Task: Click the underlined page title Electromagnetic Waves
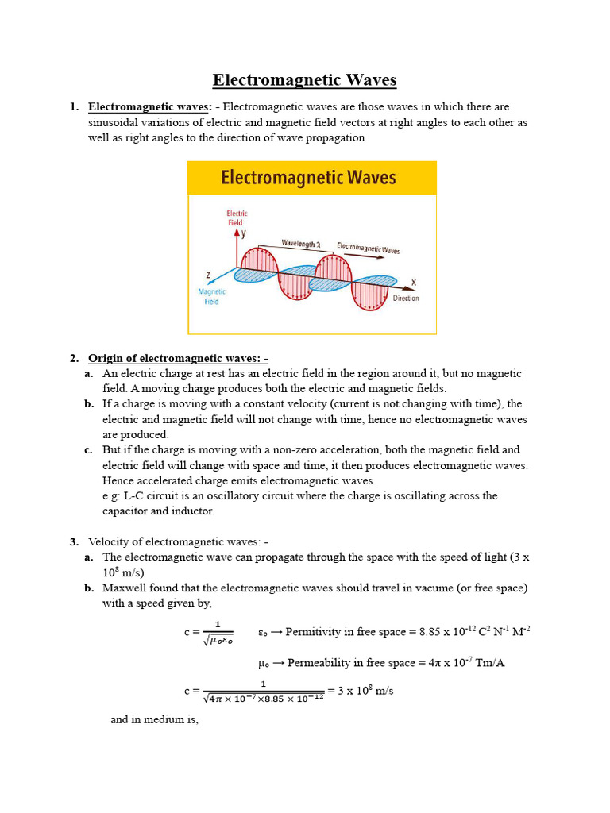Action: coord(304,80)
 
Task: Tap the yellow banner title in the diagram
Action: coord(308,178)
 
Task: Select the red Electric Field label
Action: coord(237,218)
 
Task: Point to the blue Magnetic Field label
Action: coord(211,296)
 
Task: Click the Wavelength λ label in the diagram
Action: coord(299,245)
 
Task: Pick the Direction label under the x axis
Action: coord(406,299)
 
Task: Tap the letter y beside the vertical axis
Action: coord(244,234)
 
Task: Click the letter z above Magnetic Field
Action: coord(208,275)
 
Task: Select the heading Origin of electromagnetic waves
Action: coord(178,358)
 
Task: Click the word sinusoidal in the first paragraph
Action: coord(116,122)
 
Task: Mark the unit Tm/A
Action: coord(488,662)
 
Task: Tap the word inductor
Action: coord(192,511)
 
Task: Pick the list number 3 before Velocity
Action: coord(73,541)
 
